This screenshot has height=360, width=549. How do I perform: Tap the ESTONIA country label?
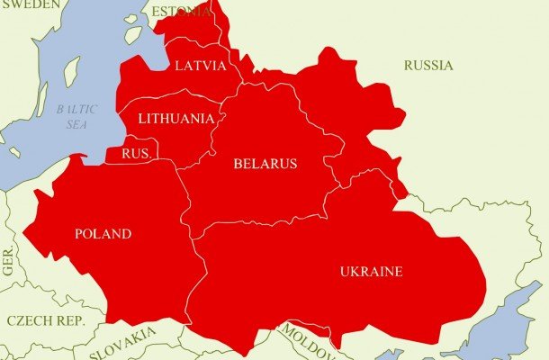182,12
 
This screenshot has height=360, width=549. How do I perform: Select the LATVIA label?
200,66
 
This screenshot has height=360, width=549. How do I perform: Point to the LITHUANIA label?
176,119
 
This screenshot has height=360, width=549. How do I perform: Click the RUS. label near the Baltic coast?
135,153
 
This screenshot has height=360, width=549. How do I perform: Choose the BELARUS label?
265,164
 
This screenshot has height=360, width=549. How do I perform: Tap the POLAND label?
103,235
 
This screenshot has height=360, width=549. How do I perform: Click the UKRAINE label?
371,272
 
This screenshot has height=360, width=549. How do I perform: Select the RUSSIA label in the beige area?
428,66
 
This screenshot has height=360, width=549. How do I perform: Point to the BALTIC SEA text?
76,117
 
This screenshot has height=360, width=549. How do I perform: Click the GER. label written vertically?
8,260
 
